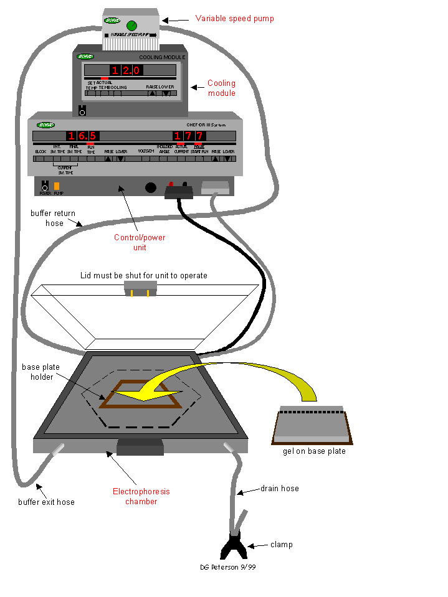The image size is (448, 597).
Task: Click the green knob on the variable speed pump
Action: click(x=131, y=26)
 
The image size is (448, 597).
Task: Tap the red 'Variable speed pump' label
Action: click(x=234, y=19)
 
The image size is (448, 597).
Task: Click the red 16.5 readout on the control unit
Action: click(x=82, y=136)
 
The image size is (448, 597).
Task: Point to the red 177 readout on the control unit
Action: click(x=188, y=136)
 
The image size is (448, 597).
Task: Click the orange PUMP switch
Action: click(x=57, y=186)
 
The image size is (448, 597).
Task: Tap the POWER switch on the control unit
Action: click(x=45, y=186)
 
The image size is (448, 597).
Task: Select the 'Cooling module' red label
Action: click(x=221, y=88)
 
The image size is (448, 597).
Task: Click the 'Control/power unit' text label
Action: click(x=140, y=242)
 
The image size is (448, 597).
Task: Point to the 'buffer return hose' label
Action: click(x=53, y=218)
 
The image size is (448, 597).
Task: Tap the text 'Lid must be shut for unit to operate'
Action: click(x=143, y=275)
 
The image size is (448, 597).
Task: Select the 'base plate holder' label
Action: click(x=41, y=372)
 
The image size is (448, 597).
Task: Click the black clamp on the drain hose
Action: click(x=234, y=547)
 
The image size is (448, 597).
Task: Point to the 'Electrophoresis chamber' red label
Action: click(x=141, y=496)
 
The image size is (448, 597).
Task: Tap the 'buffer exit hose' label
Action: click(x=46, y=502)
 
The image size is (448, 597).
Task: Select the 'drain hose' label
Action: click(x=279, y=489)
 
